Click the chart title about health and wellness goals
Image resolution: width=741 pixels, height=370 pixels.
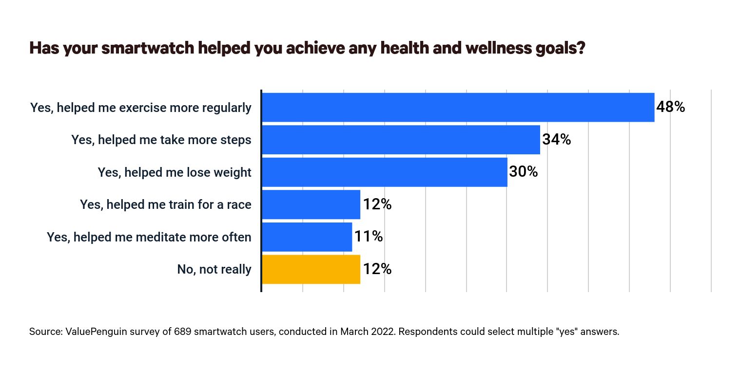pos(307,49)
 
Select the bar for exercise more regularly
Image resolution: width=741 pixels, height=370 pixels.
pos(458,107)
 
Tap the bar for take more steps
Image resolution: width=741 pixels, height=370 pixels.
pos(401,140)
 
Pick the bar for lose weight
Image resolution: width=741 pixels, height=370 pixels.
pos(384,172)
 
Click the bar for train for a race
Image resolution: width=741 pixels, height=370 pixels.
pos(311,204)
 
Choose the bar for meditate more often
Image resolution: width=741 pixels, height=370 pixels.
pos(307,237)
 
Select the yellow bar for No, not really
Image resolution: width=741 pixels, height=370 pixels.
pos(311,269)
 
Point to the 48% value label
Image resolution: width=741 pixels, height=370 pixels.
pos(670,107)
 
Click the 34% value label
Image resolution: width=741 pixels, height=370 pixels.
pos(556,140)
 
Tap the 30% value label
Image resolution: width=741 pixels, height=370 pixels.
pos(523,172)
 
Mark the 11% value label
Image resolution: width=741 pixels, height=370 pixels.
pos(368,237)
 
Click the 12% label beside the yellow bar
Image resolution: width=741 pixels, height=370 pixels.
pos(377,269)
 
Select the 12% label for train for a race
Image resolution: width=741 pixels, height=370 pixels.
pos(377,204)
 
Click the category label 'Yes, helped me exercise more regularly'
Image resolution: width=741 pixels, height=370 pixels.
pos(141,108)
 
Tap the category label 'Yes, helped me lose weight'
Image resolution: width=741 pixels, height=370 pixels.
pos(175,172)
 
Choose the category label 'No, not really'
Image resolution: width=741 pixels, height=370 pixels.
pos(214,269)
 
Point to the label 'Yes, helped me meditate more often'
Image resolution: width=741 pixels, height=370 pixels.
pos(149,237)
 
